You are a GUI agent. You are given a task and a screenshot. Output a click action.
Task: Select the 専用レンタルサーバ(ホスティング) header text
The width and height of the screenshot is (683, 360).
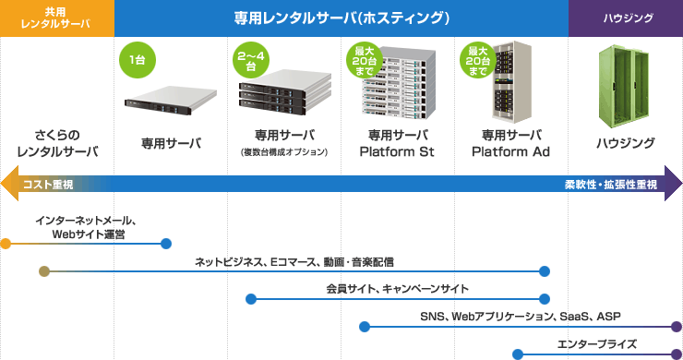tap(341, 18)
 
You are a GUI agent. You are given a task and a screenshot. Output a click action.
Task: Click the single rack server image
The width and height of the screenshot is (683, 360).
tap(169, 98)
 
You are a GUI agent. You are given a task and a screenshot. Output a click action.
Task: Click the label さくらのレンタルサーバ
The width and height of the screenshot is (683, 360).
tap(57, 142)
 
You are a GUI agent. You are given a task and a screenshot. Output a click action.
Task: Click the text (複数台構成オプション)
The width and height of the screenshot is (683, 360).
tap(284, 151)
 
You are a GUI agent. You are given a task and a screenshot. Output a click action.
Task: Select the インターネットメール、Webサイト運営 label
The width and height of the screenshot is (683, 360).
tap(87, 228)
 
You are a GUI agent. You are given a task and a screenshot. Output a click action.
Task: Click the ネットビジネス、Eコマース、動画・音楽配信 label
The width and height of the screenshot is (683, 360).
tap(294, 261)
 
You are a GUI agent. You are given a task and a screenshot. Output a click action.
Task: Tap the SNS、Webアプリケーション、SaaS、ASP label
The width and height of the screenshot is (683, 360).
tap(520, 317)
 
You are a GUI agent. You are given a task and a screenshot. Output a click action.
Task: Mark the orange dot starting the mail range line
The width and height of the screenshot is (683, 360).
tap(6, 244)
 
